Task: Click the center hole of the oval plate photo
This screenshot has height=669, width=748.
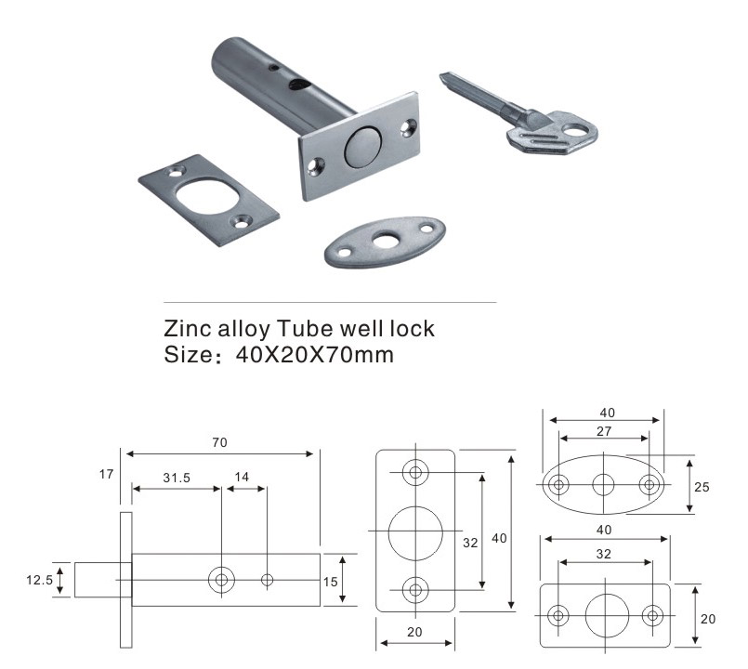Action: (x=385, y=241)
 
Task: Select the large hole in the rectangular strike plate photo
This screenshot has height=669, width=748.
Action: (x=206, y=197)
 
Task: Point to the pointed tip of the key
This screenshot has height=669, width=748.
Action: (x=441, y=75)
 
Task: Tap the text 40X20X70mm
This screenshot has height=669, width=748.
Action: (x=315, y=355)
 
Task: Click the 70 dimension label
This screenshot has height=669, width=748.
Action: (x=219, y=443)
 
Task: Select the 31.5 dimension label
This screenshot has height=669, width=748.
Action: (x=177, y=478)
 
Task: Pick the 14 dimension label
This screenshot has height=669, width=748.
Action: (x=242, y=478)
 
